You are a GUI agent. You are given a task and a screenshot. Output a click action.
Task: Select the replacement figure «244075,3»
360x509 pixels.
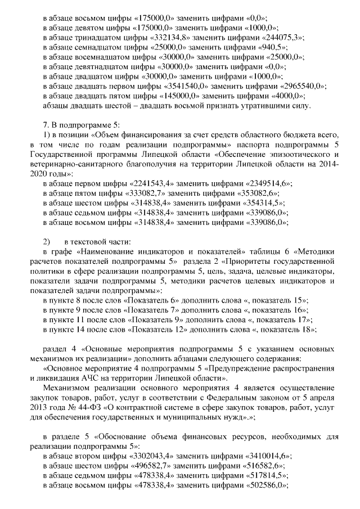tap(282, 37)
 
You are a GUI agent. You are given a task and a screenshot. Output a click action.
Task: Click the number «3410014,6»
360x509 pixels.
tap(267, 456)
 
